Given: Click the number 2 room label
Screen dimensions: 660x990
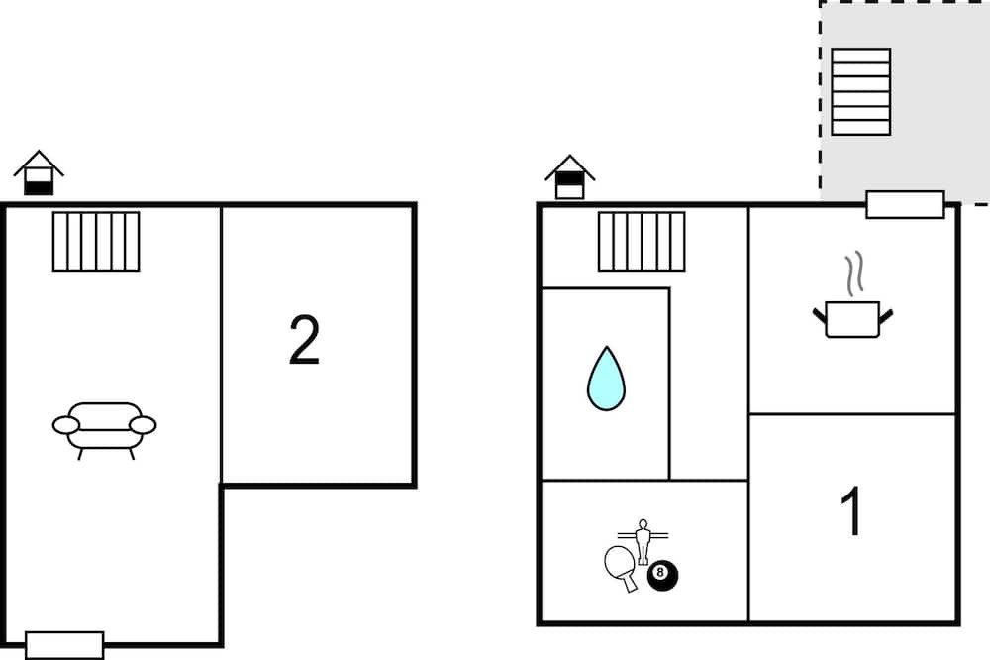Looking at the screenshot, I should pyautogui.click(x=304, y=340).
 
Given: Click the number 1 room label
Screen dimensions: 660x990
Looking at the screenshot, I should pyautogui.click(x=851, y=511).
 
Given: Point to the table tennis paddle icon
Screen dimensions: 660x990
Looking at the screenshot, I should pyautogui.click(x=620, y=566).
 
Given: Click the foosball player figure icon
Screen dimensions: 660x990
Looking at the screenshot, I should pyautogui.click(x=643, y=539).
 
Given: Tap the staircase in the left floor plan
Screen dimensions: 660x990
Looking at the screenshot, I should pyautogui.click(x=96, y=241).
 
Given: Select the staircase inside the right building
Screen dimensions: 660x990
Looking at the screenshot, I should pyautogui.click(x=642, y=242).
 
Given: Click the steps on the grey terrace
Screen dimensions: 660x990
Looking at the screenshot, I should pyautogui.click(x=860, y=91).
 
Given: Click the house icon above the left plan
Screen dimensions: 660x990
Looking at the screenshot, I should pyautogui.click(x=39, y=172).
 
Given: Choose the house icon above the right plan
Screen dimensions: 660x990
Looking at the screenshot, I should pyautogui.click(x=569, y=176).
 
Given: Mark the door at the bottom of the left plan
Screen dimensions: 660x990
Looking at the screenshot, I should pyautogui.click(x=64, y=644).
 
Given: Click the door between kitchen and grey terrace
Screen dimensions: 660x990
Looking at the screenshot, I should pyautogui.click(x=905, y=205).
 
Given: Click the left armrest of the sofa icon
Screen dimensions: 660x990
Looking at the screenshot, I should pyautogui.click(x=65, y=425).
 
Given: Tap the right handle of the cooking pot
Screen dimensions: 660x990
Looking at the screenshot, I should pyautogui.click(x=885, y=316).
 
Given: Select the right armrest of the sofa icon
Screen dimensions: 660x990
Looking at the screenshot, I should pyautogui.click(x=144, y=425).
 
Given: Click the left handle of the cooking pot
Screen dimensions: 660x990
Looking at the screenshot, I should pyautogui.click(x=820, y=316).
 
